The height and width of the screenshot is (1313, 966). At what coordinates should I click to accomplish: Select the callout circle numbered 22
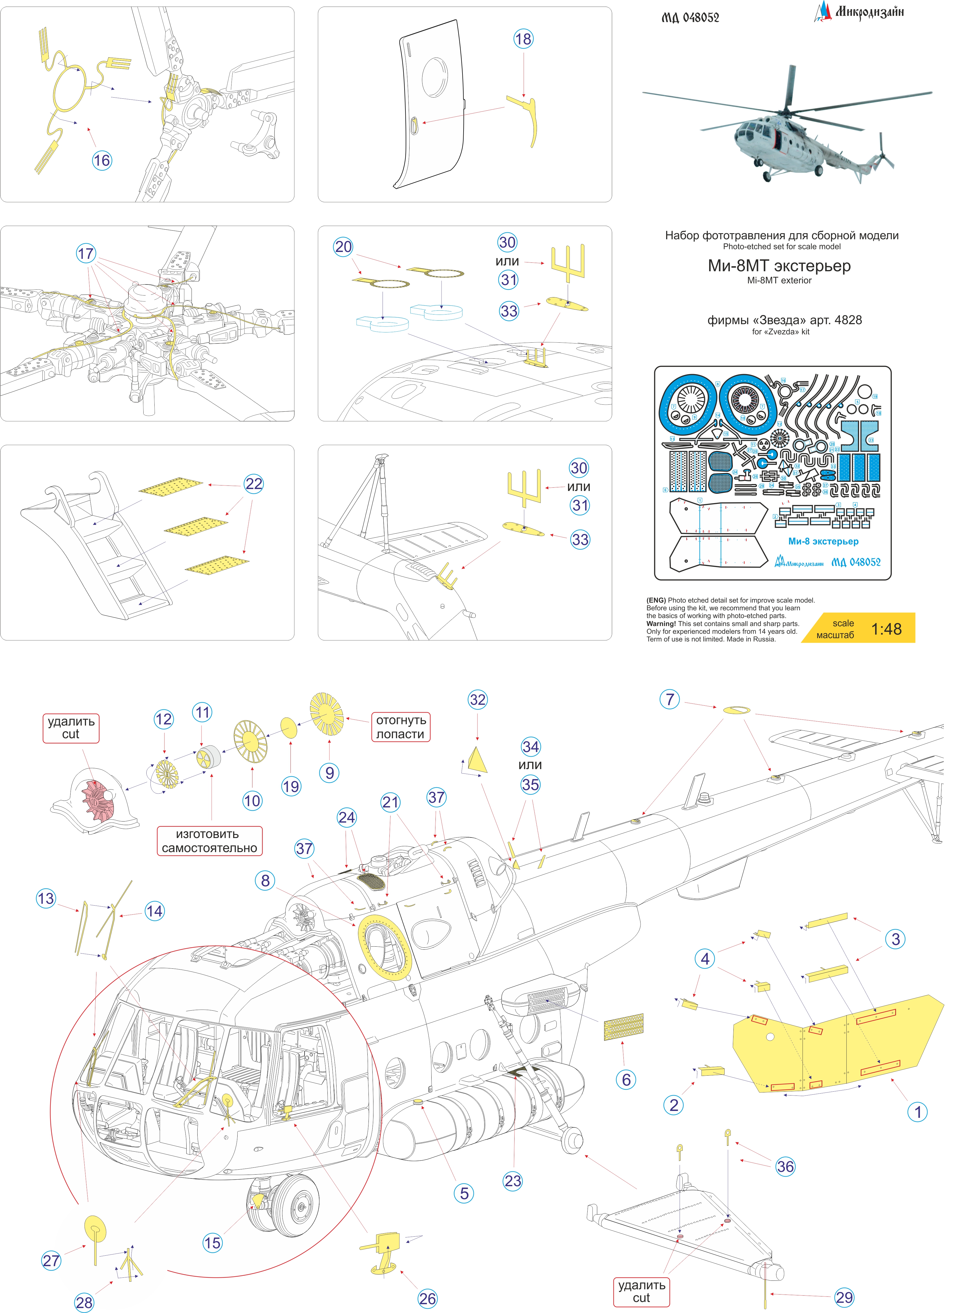[254, 484]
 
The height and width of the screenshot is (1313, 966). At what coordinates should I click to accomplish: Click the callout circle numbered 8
[265, 880]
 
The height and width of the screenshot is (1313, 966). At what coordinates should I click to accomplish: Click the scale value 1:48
[886, 629]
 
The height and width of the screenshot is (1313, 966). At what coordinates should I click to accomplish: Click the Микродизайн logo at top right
[860, 12]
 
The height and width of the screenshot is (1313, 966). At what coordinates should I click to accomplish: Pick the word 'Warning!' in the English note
[661, 624]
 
